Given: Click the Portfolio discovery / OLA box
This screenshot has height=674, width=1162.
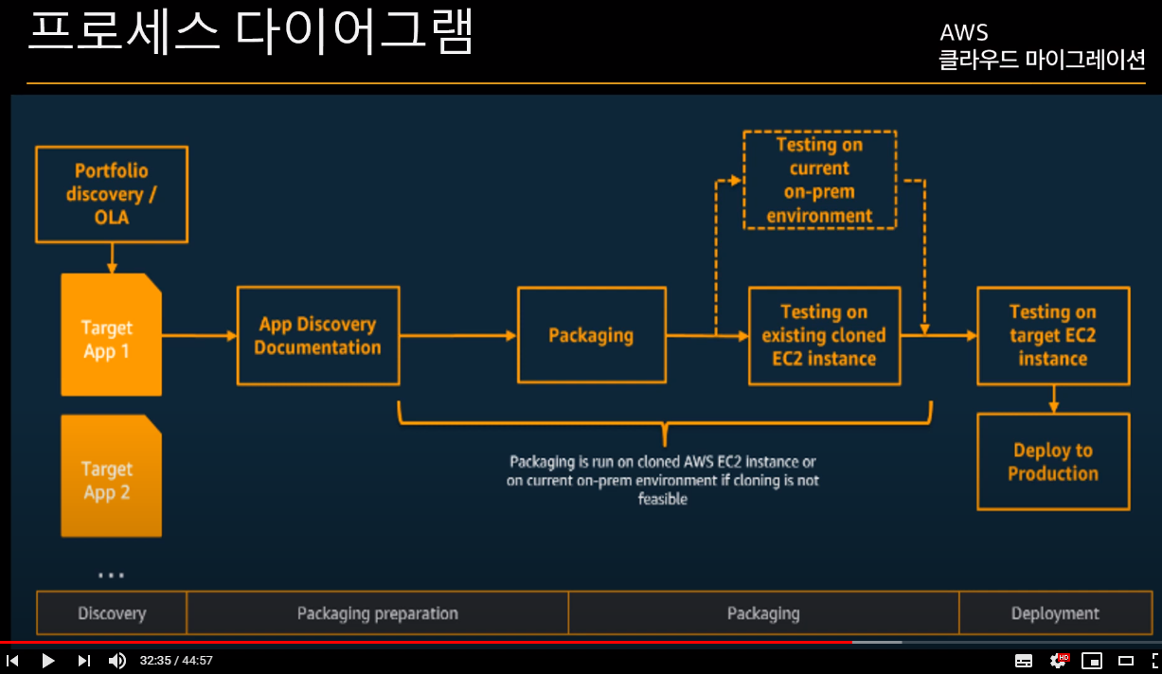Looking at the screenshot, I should tap(111, 194).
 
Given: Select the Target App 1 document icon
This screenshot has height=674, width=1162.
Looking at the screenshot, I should tap(111, 335).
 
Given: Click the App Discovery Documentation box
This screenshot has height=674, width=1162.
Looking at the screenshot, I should tap(317, 336).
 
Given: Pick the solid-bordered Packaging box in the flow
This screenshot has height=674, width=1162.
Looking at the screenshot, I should tap(591, 335).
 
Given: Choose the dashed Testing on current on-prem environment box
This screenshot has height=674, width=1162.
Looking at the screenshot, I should tap(819, 180).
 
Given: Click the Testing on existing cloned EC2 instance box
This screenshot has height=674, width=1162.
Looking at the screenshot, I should tap(824, 336).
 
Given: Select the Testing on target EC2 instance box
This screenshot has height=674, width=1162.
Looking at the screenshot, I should tap(1053, 336).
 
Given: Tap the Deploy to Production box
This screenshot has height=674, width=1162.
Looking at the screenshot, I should tap(1053, 462).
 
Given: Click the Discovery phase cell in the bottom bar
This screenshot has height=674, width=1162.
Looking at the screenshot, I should tap(112, 613).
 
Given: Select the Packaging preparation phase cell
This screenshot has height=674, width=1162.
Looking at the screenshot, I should tap(377, 613).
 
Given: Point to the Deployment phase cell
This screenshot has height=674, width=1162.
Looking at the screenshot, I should tap(1054, 613).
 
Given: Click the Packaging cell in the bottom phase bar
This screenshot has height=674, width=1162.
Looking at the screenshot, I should tap(763, 613).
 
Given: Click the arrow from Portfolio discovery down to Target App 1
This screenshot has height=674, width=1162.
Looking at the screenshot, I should tap(112, 257).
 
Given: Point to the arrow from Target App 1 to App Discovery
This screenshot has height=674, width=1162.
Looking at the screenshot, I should tap(199, 335).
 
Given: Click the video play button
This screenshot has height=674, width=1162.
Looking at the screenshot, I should tap(48, 661).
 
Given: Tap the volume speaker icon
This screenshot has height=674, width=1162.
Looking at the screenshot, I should tap(117, 661).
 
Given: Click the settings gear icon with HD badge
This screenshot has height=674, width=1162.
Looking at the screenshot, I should tap(1058, 661).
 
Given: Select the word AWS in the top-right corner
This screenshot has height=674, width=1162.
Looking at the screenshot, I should tap(964, 33).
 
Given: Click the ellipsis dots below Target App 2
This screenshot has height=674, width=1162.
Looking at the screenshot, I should tap(111, 575).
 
